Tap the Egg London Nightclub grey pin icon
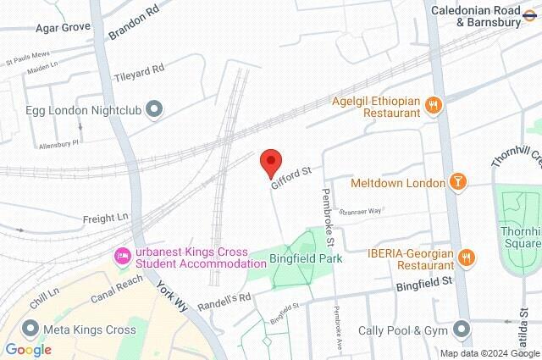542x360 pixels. coord(154,108)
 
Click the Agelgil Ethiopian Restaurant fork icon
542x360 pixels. coord(434,105)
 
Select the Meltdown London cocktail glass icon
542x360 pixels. coord(458,182)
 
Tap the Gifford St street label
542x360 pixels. coord(292,178)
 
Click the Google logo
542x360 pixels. coord(29,349)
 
